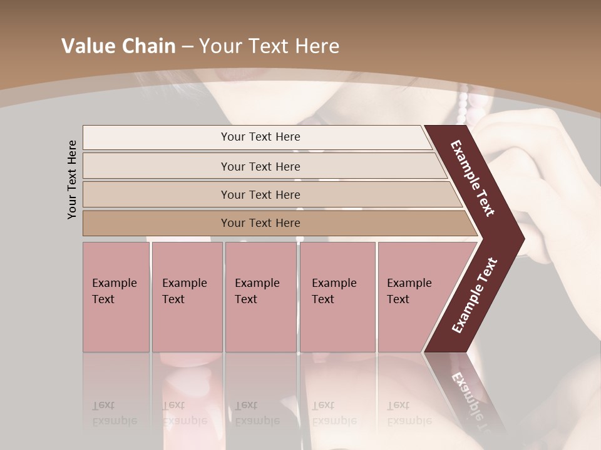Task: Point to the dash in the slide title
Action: pyautogui.click(x=187, y=47)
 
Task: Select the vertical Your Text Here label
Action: pyautogui.click(x=72, y=179)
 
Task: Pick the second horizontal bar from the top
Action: pyautogui.click(x=260, y=166)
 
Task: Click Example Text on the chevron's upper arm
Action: pyautogui.click(x=473, y=178)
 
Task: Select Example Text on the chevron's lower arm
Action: pyautogui.click(x=475, y=295)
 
